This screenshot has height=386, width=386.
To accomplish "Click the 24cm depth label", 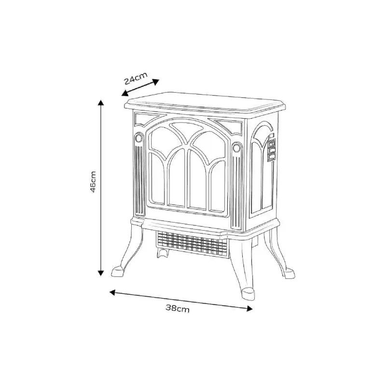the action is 136,78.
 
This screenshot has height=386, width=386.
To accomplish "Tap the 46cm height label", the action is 93,182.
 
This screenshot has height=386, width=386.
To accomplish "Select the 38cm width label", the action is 178,308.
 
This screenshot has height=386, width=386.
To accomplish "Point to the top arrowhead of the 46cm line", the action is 100,102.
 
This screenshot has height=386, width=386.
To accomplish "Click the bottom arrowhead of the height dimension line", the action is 100,273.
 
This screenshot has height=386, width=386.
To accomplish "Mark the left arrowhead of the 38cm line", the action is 112,292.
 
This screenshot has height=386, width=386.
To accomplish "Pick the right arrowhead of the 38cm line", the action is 250,308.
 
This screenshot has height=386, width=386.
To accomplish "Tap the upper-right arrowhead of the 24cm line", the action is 156,82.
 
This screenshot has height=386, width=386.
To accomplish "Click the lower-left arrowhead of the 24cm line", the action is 125,93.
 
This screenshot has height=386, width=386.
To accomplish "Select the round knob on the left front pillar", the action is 138,138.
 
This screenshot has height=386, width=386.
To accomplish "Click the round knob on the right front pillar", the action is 236,148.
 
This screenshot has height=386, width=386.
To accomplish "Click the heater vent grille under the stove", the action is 192,244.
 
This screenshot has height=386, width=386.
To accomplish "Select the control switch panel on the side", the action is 272,149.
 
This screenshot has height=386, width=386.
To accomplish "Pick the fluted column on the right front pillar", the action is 236,192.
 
